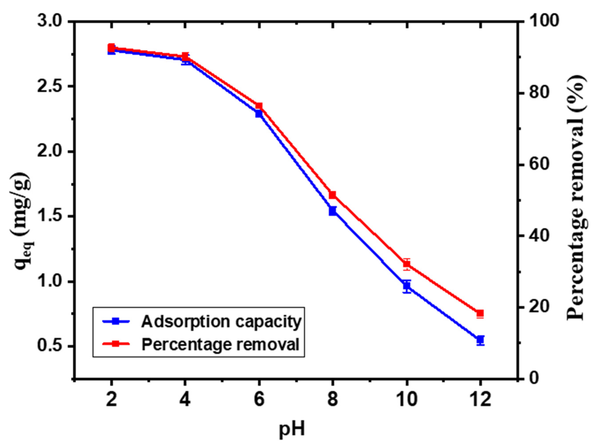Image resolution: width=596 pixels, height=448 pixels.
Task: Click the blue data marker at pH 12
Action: pyautogui.click(x=480, y=340)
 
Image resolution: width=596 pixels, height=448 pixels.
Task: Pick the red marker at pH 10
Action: pyautogui.click(x=407, y=264)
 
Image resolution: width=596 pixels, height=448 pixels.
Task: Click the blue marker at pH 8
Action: pyautogui.click(x=333, y=211)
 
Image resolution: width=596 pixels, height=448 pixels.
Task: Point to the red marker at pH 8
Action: pyautogui.click(x=333, y=195)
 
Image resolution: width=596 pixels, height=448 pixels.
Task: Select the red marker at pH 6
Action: pyautogui.click(x=259, y=106)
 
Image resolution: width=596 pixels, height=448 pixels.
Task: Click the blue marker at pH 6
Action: pyautogui.click(x=259, y=113)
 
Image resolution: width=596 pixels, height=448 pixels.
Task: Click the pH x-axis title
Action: pyautogui.click(x=292, y=429)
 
